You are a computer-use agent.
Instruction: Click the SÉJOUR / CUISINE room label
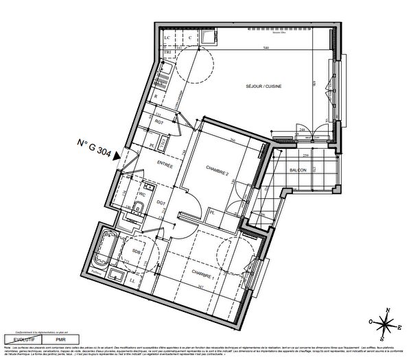point(265,86)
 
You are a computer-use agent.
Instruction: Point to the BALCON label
point(298,169)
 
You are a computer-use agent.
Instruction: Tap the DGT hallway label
point(161,203)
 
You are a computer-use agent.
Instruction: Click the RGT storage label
point(159,122)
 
